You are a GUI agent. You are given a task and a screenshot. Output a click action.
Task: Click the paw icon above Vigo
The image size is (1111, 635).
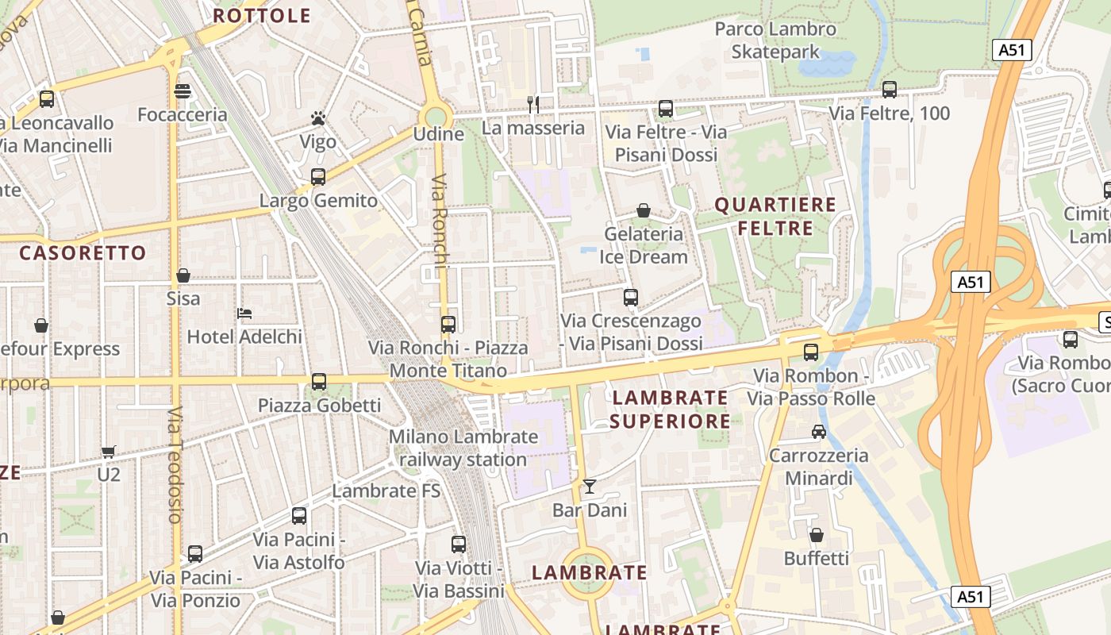pos(318,119)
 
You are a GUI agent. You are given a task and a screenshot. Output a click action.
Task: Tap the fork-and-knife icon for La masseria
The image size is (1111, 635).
pos(533,104)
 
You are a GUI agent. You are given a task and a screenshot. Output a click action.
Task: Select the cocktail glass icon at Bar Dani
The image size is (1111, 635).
pos(589,487)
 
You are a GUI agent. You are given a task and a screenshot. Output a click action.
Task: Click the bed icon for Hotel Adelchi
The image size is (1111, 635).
pos(244,313)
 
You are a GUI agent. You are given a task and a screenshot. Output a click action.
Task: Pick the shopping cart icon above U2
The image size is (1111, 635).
pos(109,452)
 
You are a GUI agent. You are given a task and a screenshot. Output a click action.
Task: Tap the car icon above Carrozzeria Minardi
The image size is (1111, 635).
pos(818,432)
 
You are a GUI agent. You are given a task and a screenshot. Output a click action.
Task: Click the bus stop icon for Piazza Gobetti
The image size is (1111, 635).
pos(319,382)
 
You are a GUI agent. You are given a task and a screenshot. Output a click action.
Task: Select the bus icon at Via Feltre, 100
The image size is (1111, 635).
pos(890,90)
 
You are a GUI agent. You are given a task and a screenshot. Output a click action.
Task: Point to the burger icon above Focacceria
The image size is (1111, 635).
pos(183,91)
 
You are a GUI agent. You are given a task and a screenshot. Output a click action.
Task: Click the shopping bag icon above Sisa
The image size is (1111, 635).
pos(183,275)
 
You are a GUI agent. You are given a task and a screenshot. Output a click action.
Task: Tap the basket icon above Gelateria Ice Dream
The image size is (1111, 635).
pos(644,210)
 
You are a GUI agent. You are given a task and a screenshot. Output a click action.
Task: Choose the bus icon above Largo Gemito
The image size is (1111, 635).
pos(318,177)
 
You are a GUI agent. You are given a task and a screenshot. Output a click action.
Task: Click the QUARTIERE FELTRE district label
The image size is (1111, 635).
pos(775,217)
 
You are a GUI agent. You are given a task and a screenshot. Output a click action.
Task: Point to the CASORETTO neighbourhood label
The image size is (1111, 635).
pos(83,253)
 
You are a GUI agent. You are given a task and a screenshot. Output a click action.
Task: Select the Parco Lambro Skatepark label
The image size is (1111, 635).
pos(775,40)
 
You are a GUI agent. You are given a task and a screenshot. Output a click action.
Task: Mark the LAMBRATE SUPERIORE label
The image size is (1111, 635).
pos(670,409)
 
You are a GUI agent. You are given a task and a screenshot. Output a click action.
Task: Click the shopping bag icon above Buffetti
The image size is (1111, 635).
pos(817,535)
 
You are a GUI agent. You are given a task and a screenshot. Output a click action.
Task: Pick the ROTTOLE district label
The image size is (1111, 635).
pos(262,16)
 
